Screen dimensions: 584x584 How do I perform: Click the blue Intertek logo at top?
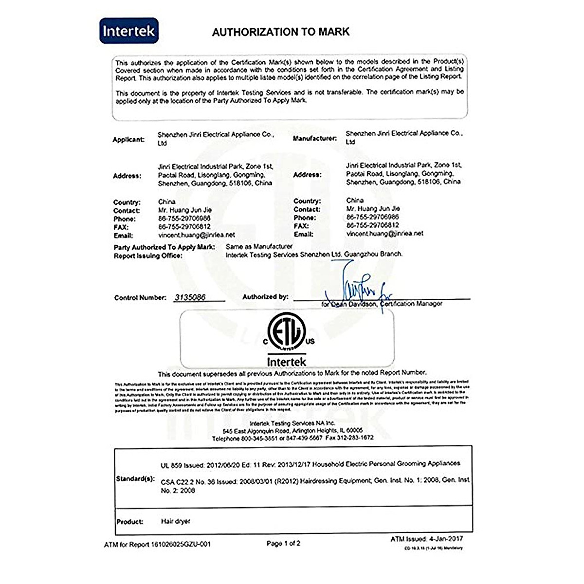[128, 31]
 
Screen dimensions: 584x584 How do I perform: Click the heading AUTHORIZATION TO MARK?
[281, 32]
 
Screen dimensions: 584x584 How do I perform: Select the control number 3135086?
[190, 297]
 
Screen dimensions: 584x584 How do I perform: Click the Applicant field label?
[128, 140]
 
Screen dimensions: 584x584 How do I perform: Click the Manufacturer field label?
[314, 139]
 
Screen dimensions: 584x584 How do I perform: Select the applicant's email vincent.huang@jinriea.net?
[196, 235]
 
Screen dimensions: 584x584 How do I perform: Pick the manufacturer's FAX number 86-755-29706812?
[372, 225]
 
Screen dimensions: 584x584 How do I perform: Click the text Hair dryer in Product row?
[176, 521]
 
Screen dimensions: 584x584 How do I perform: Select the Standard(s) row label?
[135, 479]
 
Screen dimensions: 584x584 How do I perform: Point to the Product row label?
[130, 522]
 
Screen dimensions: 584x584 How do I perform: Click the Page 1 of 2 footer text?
[283, 543]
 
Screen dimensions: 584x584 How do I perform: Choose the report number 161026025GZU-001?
[181, 545]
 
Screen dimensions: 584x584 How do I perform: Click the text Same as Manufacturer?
[259, 247]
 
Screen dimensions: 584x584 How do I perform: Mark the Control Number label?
[140, 298]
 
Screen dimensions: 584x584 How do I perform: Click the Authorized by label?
[265, 297]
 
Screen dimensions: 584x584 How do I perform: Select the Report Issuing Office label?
[148, 256]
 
